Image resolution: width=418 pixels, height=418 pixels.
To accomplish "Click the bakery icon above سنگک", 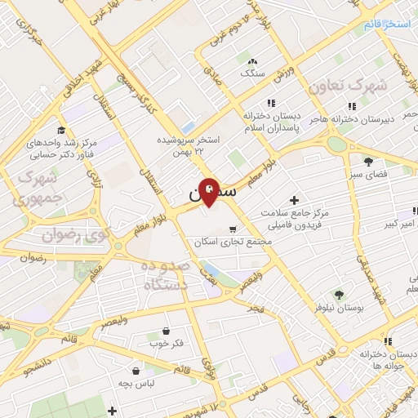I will [x=253, y=60].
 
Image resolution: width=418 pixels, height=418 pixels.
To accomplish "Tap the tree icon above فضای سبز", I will [x=369, y=161].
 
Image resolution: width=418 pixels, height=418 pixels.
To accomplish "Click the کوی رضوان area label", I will [x=74, y=236].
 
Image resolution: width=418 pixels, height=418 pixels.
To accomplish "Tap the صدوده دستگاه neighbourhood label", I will [x=165, y=276].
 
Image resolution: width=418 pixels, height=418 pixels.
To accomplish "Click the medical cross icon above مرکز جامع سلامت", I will [x=294, y=200].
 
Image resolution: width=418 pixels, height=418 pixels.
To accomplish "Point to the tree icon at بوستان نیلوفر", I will [x=339, y=294].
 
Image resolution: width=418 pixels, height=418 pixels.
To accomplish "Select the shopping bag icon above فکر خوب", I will [x=167, y=331].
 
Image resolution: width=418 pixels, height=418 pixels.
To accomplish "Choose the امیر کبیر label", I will [x=403, y=223].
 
